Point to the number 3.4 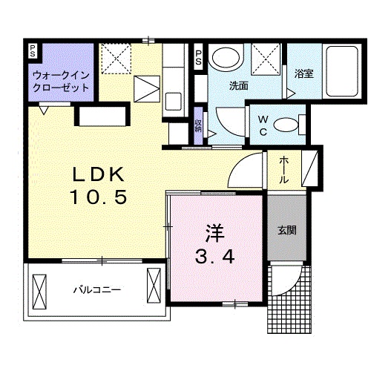[x=216, y=257]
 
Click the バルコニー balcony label [x=96, y=289]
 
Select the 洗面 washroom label [x=238, y=85]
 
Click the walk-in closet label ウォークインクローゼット [x=61, y=81]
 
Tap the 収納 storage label [x=199, y=125]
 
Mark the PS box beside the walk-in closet [x=33, y=52]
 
